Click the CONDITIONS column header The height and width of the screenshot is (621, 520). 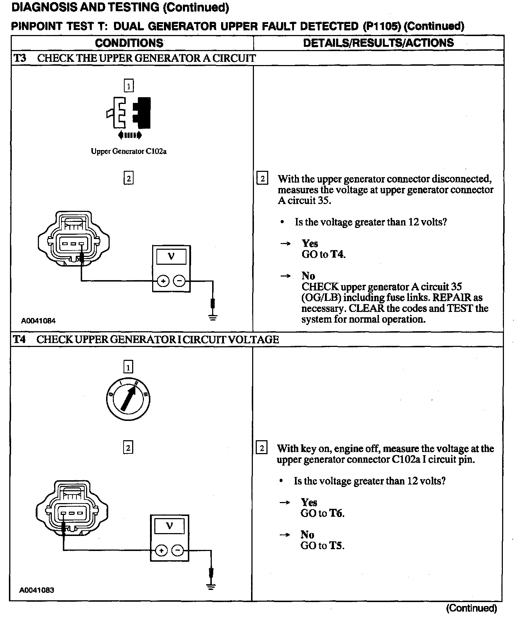129,43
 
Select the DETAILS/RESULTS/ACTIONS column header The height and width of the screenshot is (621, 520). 378,43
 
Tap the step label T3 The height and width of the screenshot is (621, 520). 20,58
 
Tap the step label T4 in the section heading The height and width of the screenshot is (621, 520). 20,339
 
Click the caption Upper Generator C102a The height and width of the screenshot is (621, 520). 129,151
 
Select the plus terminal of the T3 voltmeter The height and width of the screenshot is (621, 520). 163,281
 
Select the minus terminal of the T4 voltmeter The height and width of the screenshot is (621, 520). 178,551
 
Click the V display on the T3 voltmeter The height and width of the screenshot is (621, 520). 171,257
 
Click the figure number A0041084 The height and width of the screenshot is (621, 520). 38,321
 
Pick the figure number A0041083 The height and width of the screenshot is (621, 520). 37,590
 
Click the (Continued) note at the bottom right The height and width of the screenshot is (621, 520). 471,608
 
